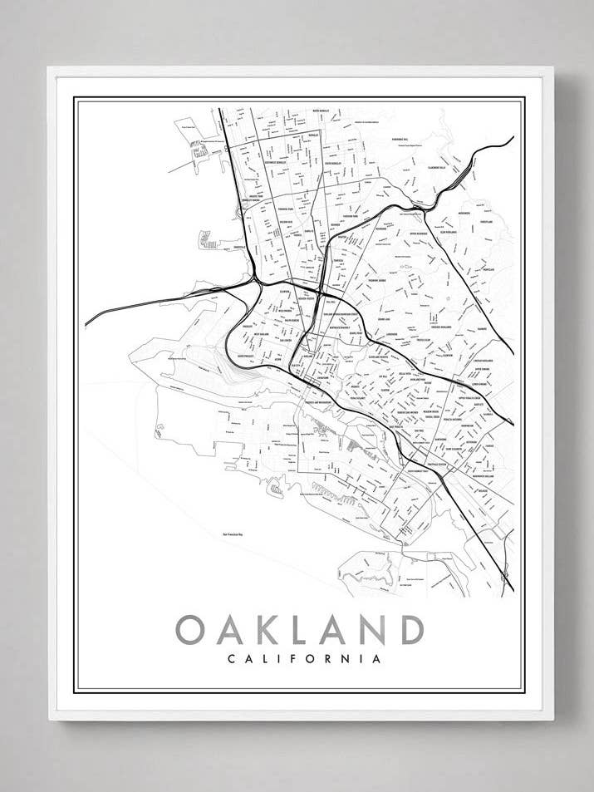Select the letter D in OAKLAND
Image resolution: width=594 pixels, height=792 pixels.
click(x=410, y=629)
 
